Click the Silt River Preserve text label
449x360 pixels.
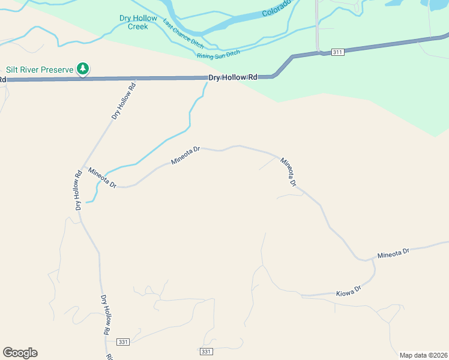pos(40,70)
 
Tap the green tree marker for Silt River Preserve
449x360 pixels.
pos(83,69)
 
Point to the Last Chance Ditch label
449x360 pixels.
pos(183,34)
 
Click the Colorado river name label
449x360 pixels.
pos(276,8)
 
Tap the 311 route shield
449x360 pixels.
pos(337,52)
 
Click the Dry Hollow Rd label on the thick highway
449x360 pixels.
pos(233,77)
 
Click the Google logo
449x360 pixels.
pos(20,353)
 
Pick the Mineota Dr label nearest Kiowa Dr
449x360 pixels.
pos(393,254)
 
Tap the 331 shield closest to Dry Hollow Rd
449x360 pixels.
pos(123,341)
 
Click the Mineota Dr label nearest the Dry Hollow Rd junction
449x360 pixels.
pos(101,178)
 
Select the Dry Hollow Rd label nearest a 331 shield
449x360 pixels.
pos(106,315)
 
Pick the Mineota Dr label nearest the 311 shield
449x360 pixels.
pos(289,171)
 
